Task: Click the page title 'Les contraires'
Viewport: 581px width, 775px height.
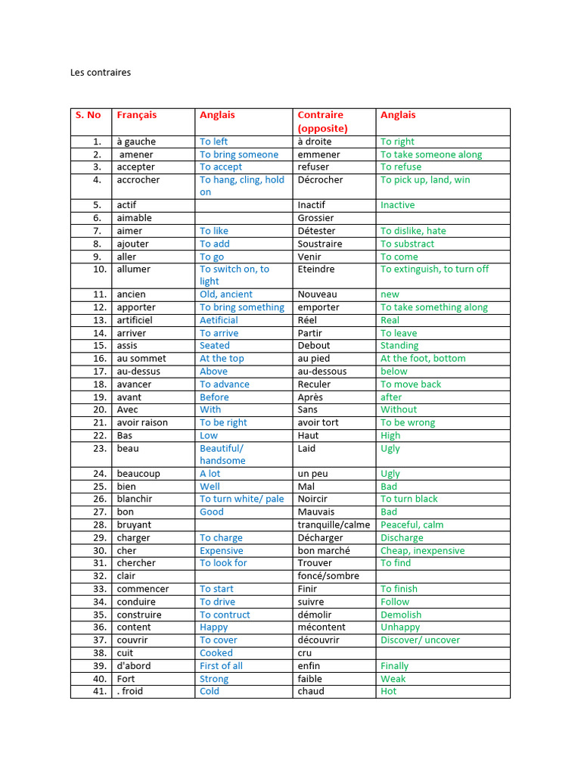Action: (101, 73)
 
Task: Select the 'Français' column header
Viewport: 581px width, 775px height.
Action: (137, 115)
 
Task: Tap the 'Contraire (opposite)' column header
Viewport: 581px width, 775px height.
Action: (322, 121)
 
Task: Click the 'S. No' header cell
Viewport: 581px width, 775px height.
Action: (88, 115)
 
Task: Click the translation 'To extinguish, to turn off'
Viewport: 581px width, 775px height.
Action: (434, 269)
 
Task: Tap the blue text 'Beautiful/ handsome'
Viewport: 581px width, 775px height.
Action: (222, 454)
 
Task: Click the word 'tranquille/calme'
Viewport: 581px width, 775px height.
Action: (334, 524)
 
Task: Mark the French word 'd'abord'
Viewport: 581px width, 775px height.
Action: (134, 666)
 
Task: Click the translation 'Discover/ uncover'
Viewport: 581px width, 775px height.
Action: (420, 640)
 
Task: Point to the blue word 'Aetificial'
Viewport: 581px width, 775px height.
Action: (219, 320)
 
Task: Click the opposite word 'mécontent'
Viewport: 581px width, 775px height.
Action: (322, 627)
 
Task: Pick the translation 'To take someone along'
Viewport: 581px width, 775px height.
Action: (430, 154)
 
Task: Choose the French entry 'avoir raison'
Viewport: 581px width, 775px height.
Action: (142, 422)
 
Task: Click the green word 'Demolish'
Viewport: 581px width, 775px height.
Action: (401, 615)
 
